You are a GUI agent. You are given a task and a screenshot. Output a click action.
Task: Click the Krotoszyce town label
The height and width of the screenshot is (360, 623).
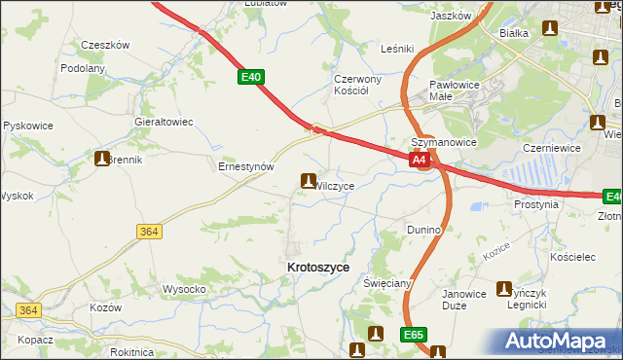(x=319, y=267)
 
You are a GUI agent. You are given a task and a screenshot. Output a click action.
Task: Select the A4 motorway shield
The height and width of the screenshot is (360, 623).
(x=419, y=160)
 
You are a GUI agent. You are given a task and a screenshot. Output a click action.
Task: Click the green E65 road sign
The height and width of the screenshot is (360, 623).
(x=413, y=335)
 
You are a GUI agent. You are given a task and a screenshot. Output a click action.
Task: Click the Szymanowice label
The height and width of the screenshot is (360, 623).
(x=443, y=141)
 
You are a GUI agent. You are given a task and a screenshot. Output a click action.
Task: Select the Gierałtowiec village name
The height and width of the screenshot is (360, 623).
(x=165, y=122)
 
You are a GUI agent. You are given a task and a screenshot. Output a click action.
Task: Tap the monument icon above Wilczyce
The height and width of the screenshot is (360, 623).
(x=309, y=180)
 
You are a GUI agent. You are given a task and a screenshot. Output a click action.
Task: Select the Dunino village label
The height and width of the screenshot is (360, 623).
(x=424, y=230)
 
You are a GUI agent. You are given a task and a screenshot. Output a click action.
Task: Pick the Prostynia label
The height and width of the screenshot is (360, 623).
(x=536, y=205)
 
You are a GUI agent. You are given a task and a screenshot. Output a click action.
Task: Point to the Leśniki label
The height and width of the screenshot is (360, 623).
(x=398, y=48)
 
